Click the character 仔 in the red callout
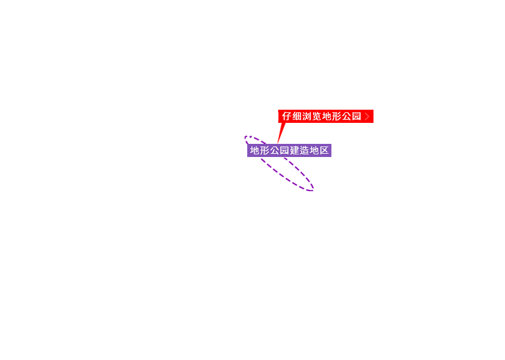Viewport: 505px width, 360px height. click(x=287, y=116)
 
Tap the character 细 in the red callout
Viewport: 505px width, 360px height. click(x=297, y=116)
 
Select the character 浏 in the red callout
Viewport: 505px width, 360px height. click(x=306, y=116)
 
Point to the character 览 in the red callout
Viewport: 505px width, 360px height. click(x=316, y=116)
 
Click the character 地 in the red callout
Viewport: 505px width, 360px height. click(x=327, y=116)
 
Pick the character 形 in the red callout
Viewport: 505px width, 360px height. click(x=337, y=116)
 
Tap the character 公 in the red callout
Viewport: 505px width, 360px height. click(x=347, y=116)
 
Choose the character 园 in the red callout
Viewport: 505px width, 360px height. click(x=356, y=116)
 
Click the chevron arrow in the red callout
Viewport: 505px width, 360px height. click(x=367, y=116)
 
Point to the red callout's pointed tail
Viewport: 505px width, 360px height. click(x=277, y=143)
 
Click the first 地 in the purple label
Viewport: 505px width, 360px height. click(x=254, y=150)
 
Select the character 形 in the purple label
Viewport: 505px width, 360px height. click(x=265, y=150)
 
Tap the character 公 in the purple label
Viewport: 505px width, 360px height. click(x=275, y=150)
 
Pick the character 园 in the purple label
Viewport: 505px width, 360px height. click(x=285, y=150)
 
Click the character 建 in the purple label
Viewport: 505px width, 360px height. click(x=295, y=150)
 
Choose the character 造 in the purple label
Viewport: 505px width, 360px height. click(x=304, y=150)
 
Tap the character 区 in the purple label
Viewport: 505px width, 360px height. click(x=324, y=150)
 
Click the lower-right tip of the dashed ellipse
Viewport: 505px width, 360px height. click(x=313, y=190)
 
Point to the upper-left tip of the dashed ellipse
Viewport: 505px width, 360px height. click(x=245, y=137)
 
